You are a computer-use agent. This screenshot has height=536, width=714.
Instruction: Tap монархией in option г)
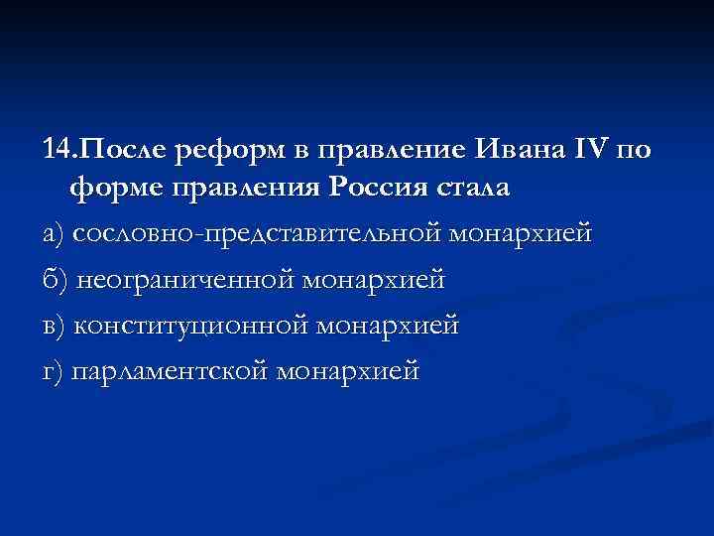click(349, 371)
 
